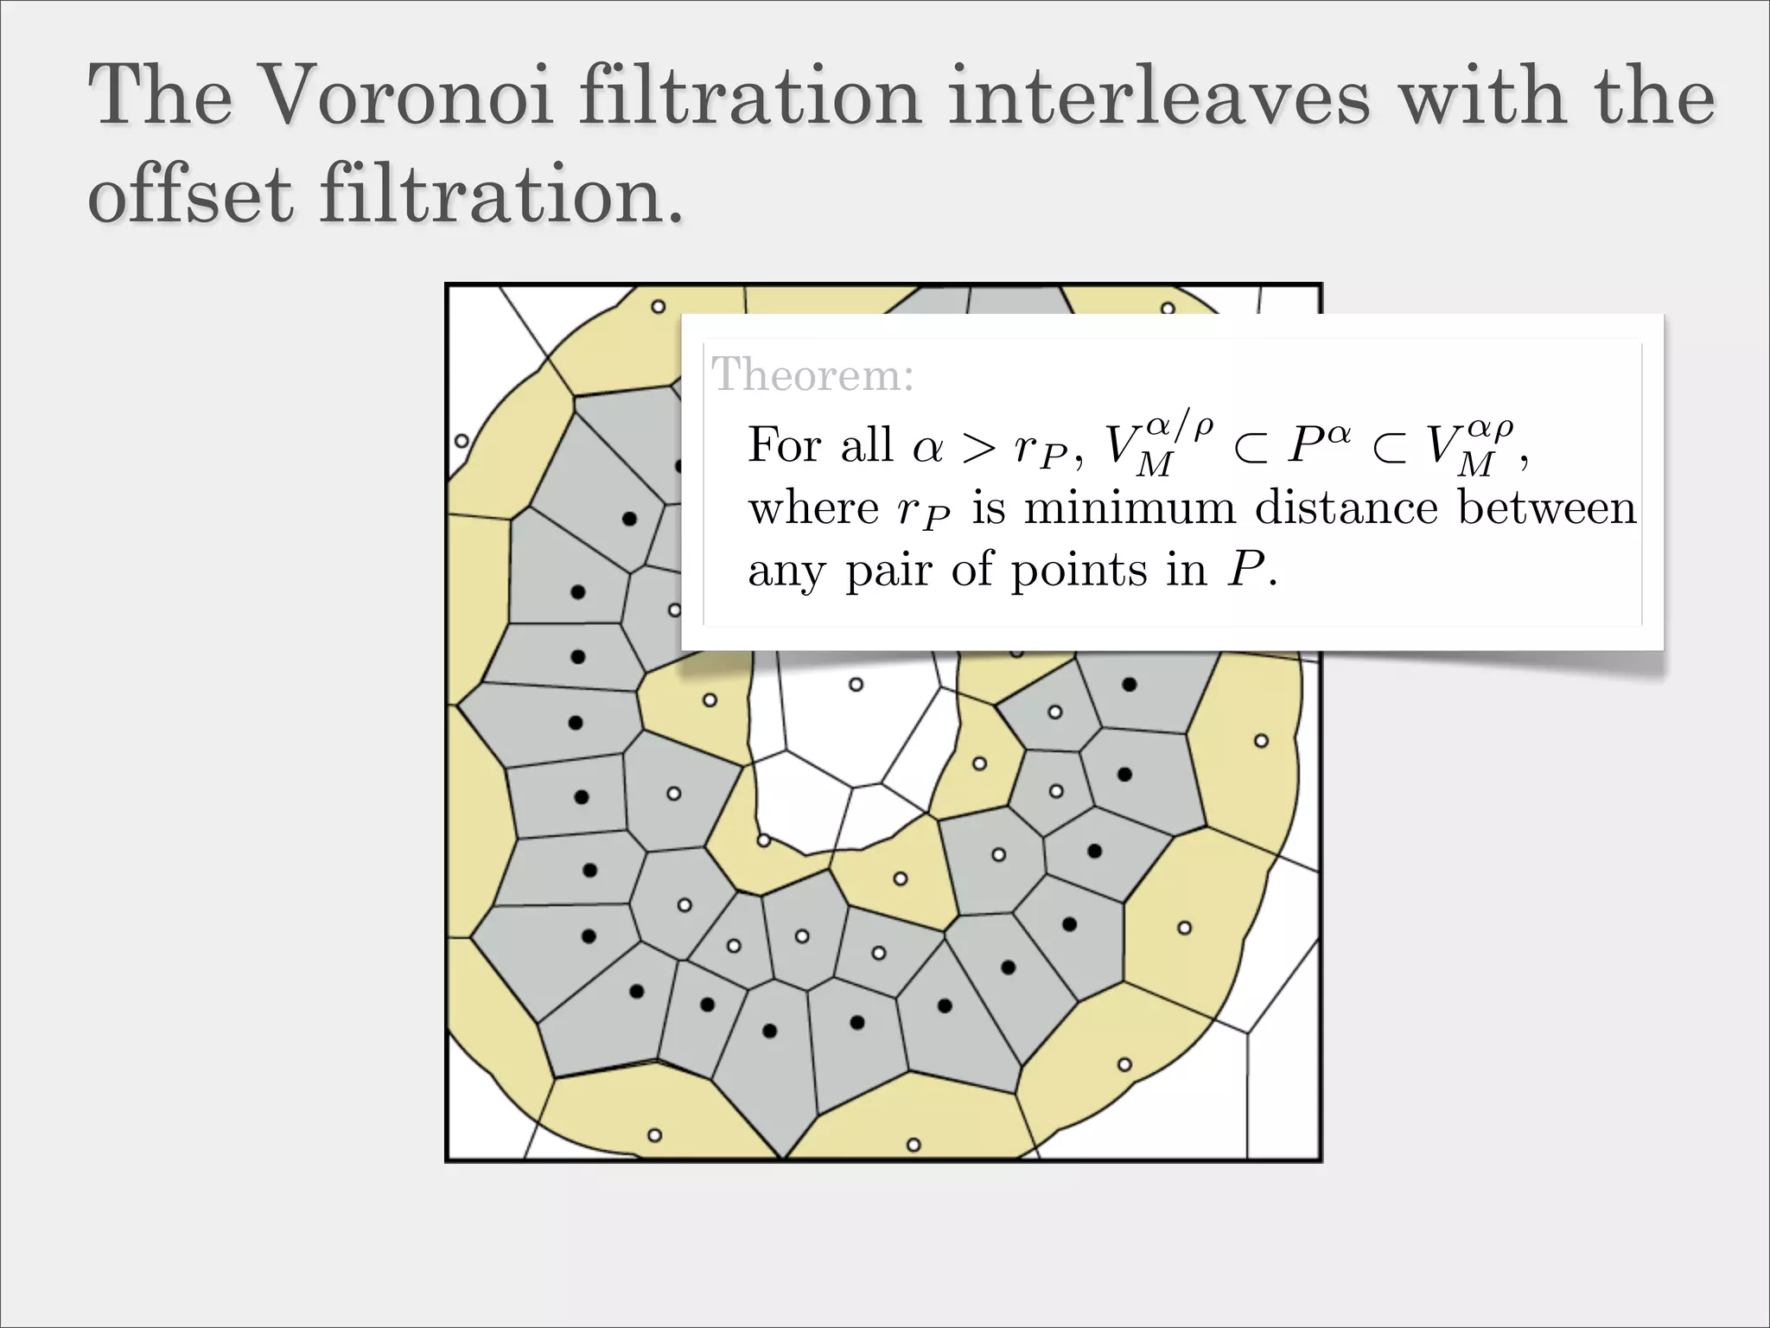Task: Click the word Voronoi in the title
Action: click(x=406, y=97)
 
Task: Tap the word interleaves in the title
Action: click(x=1158, y=97)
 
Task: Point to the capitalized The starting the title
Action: click(x=161, y=97)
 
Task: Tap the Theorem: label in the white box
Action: click(x=812, y=375)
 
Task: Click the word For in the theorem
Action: click(x=785, y=445)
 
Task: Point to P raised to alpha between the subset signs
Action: click(x=1317, y=445)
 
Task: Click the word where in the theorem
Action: click(x=813, y=508)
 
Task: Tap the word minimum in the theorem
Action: click(x=1130, y=508)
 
